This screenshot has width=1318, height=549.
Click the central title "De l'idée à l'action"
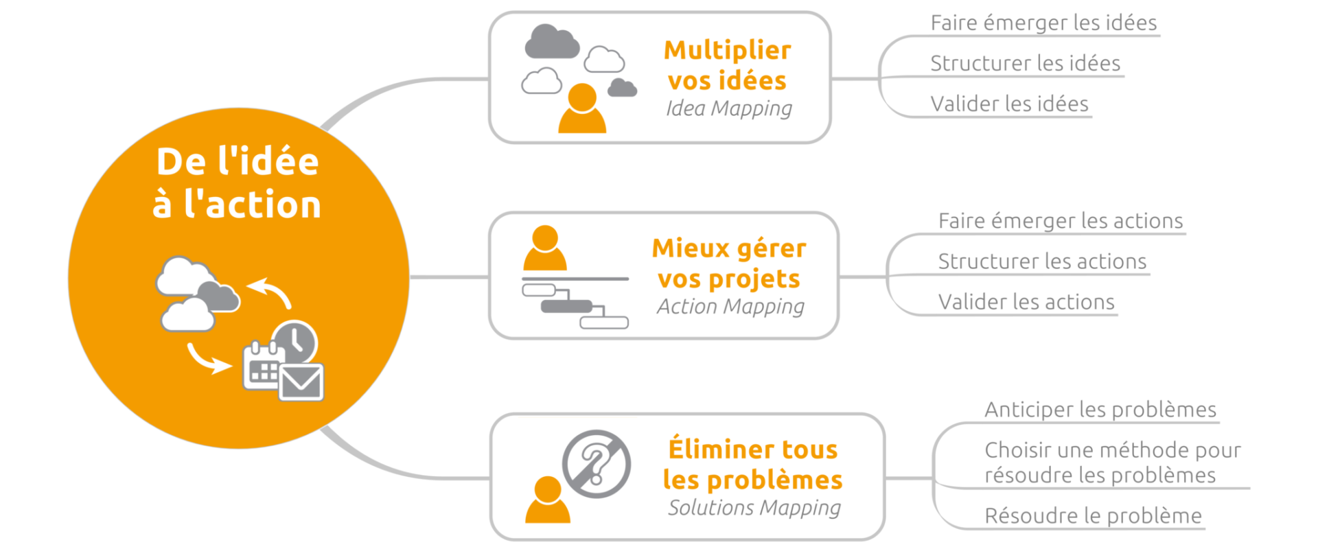click(238, 183)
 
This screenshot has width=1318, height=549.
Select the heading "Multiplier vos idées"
click(728, 65)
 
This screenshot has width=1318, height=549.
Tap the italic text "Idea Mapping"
click(729, 108)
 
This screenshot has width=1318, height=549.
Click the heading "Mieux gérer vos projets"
click(729, 264)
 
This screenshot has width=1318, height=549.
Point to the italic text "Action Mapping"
click(730, 307)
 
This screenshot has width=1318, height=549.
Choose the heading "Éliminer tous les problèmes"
click(753, 465)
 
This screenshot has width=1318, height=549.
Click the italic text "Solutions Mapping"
click(754, 508)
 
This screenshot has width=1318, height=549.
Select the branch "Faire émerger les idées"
click(1043, 23)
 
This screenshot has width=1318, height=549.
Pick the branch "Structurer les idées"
click(1025, 63)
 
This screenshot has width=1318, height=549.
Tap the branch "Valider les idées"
click(1009, 104)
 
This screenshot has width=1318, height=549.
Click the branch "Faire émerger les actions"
click(1061, 221)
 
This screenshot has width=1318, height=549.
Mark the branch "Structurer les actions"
click(1042, 261)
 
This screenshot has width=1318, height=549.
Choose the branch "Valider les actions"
click(1026, 302)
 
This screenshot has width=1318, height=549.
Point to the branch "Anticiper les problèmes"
click(1100, 410)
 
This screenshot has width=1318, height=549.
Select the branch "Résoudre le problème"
click(1093, 516)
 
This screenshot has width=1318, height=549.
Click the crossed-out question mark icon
click(597, 464)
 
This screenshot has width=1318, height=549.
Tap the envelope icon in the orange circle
click(301, 382)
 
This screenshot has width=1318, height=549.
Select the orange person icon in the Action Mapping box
click(545, 248)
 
